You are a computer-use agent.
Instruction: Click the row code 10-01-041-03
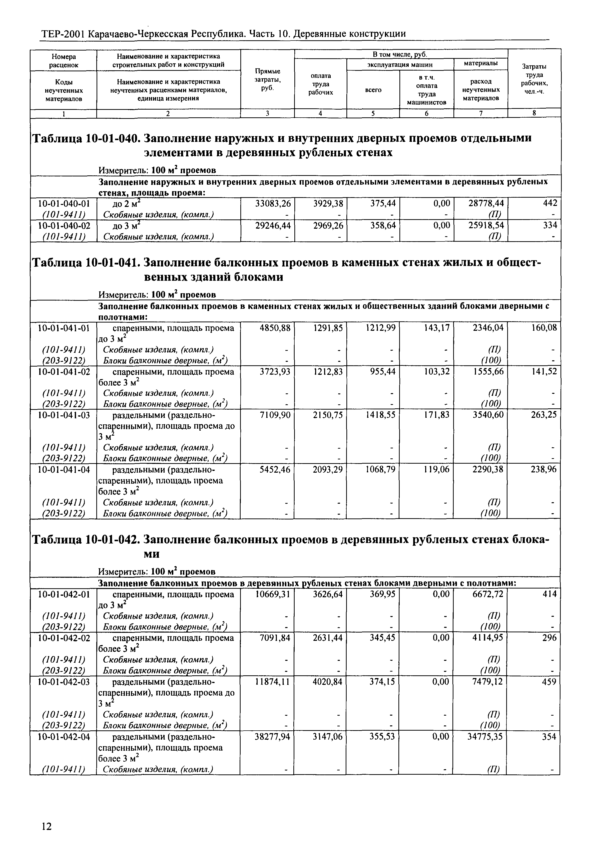point(64,415)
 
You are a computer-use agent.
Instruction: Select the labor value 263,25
point(544,415)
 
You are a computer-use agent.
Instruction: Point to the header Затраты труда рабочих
point(534,79)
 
